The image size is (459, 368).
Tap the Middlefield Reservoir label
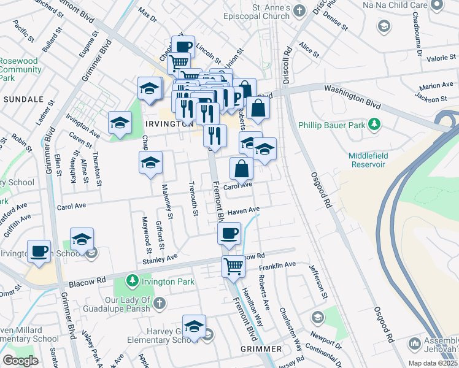(x=367, y=160)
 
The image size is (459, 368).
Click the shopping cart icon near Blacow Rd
(x=234, y=267)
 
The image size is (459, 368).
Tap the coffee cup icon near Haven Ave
(x=229, y=233)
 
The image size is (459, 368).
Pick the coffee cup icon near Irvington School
(x=39, y=251)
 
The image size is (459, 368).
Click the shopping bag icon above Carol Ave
(x=242, y=168)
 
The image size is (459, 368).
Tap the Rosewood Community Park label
(x=20, y=69)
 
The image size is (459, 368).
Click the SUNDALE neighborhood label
(x=23, y=99)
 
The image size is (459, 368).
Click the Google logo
(x=20, y=361)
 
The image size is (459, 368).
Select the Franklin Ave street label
(x=277, y=265)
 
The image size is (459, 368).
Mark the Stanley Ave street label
(x=160, y=260)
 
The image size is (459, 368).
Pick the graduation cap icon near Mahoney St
(x=150, y=163)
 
